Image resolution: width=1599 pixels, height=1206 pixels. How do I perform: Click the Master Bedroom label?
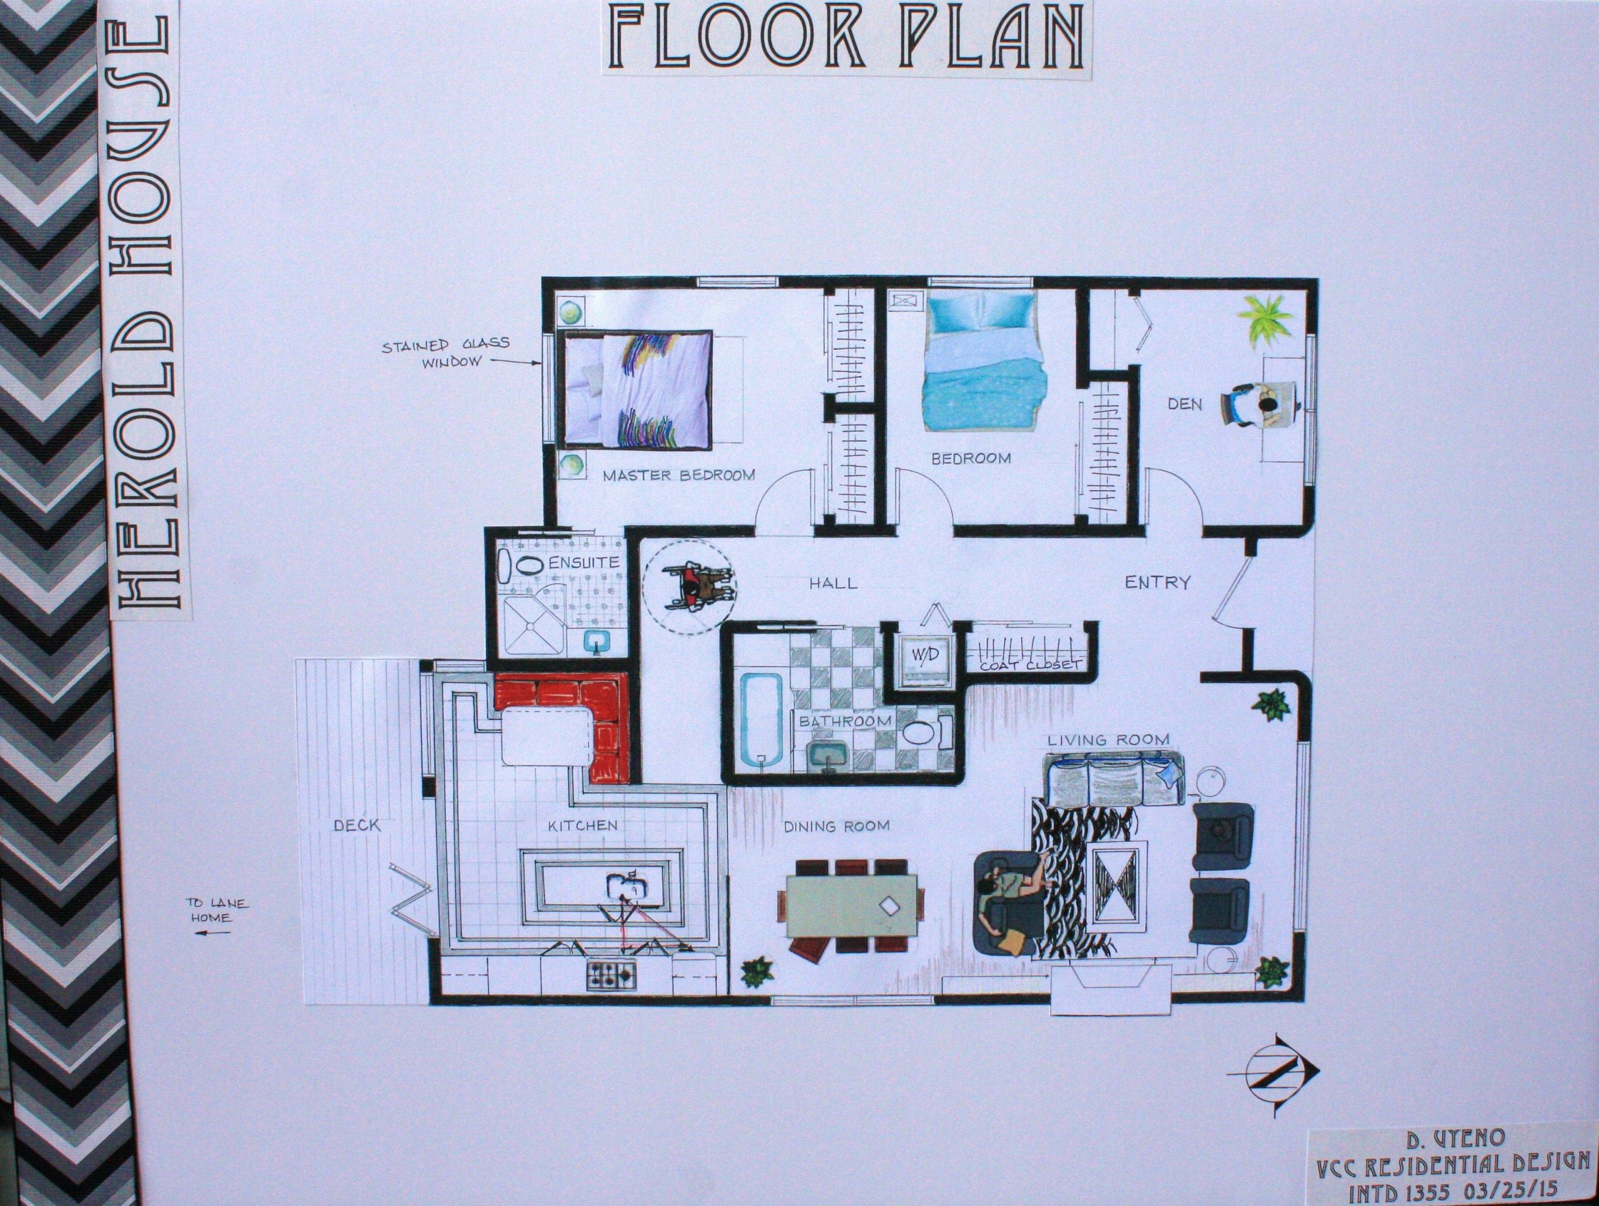click(679, 475)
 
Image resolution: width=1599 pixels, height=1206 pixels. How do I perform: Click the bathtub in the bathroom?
click(759, 720)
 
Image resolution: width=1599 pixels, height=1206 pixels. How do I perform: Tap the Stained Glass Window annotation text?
click(446, 351)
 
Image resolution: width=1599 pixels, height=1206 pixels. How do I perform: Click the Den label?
click(1185, 404)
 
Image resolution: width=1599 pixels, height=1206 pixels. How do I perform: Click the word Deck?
click(357, 825)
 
